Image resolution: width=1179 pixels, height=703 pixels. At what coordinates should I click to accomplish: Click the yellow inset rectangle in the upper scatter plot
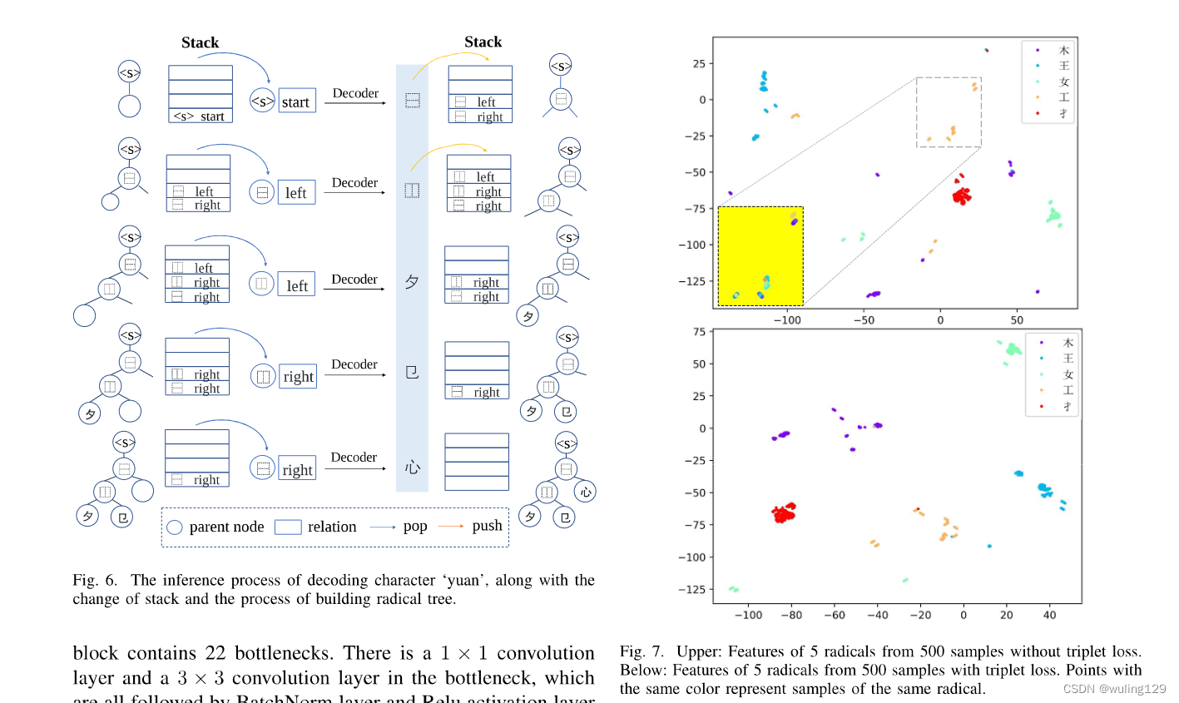[x=760, y=255]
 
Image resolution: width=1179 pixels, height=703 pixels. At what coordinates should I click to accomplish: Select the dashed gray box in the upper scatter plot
[x=949, y=112]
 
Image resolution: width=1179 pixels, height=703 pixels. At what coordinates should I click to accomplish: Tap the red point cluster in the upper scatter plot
[x=962, y=196]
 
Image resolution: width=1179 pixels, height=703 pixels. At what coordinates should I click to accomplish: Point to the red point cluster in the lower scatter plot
[x=783, y=512]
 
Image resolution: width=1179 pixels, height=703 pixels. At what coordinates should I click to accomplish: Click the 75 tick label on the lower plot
[x=698, y=332]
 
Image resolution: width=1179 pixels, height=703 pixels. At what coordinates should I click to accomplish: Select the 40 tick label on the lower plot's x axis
[x=1049, y=615]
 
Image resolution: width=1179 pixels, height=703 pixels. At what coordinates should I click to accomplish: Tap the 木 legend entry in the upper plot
[x=1063, y=51]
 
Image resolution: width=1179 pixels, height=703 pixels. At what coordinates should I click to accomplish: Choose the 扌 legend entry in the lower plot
[x=1068, y=407]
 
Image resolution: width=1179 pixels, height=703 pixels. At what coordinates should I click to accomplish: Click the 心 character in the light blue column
[x=412, y=468]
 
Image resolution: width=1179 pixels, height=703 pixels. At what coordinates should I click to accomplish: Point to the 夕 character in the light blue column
[x=412, y=282]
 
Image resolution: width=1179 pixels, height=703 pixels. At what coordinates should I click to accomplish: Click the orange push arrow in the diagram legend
[x=451, y=527]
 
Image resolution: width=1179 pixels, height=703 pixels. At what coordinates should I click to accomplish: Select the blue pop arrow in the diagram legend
[x=382, y=527]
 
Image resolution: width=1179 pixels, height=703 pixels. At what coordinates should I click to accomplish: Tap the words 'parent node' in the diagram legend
[x=226, y=527]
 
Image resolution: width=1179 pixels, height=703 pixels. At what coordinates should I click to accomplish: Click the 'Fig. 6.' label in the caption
[x=95, y=580]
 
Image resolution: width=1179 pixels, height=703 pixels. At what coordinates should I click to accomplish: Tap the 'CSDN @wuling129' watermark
[x=1114, y=689]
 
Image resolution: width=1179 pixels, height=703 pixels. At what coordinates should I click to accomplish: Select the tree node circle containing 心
[x=586, y=492]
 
